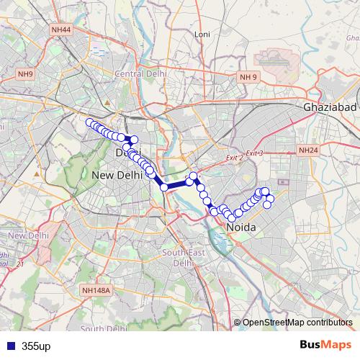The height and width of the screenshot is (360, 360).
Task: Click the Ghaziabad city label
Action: coord(330,107)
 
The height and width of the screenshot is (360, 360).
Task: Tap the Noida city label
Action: coord(242,228)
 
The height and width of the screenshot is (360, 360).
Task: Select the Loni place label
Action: coord(202,35)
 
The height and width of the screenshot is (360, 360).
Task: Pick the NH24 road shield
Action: coord(307,150)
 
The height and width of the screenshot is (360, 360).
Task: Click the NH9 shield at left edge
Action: coord(26,74)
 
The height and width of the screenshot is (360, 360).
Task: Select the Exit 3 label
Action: coord(255,153)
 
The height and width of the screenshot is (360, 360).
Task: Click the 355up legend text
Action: coord(36,346)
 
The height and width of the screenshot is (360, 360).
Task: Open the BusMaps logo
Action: coord(325,345)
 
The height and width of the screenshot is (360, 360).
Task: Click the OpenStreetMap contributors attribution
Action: coord(297,323)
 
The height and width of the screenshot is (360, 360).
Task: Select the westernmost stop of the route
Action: coord(89,122)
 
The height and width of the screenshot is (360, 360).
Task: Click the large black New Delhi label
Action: coord(118,175)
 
